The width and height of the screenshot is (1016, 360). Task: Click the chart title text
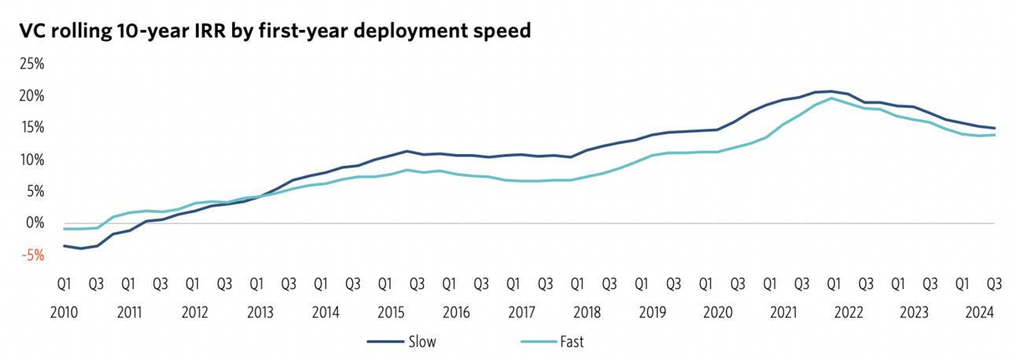(267, 31)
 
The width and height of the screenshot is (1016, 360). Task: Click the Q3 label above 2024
(993, 283)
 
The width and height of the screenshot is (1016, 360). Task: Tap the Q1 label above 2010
(64, 283)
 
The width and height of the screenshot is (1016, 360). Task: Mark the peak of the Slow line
(832, 91)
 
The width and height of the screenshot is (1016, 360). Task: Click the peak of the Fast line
(832, 98)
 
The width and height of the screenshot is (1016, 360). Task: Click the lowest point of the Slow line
(81, 248)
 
